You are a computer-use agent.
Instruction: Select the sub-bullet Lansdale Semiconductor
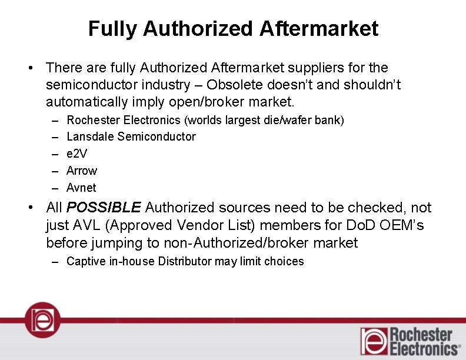tap(131, 136)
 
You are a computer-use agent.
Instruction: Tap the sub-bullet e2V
tap(76, 154)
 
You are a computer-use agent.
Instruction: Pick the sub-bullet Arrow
tap(82, 171)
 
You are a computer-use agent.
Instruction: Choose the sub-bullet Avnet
tap(81, 188)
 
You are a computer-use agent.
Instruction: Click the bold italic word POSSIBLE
tap(104, 208)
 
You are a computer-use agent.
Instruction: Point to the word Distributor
tap(184, 261)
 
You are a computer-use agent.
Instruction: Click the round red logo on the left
tap(42, 319)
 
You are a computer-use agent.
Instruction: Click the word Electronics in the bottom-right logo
tap(424, 349)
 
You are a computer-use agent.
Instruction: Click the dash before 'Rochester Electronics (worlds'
tap(54, 120)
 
